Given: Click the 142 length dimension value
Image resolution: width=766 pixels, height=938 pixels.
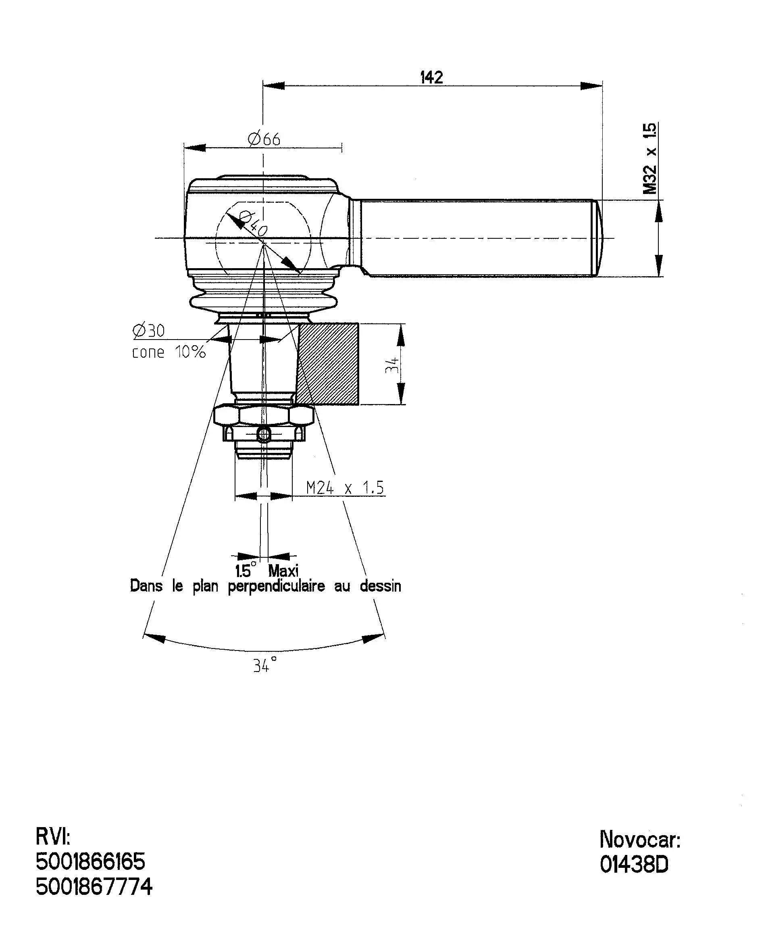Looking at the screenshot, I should (431, 77).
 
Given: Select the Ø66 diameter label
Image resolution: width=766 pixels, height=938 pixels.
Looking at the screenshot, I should (264, 140).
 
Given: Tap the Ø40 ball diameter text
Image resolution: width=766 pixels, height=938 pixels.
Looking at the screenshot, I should (253, 223).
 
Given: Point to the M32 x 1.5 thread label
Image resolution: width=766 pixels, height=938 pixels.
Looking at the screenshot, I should (649, 158).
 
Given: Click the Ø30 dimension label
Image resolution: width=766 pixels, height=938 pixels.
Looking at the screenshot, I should (149, 331).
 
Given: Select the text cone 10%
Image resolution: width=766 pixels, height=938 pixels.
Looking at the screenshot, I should (169, 352).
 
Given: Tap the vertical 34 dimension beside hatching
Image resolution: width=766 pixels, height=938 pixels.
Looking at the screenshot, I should (392, 365).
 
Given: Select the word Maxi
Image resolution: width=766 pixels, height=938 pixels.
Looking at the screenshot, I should (283, 571).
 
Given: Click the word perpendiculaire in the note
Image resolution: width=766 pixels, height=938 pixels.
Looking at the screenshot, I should (276, 587).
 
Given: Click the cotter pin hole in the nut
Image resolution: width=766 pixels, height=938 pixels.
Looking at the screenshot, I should (263, 434).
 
